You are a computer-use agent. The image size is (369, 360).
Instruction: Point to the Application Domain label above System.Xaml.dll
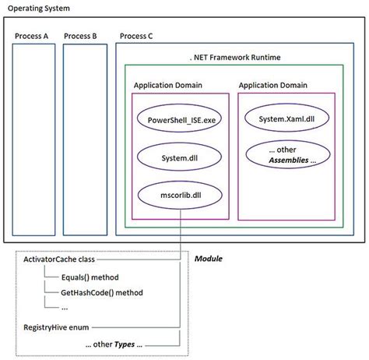click(x=272, y=85)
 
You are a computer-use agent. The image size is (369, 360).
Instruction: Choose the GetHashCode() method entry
click(x=96, y=292)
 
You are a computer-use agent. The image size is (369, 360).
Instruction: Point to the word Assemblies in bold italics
click(x=290, y=161)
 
